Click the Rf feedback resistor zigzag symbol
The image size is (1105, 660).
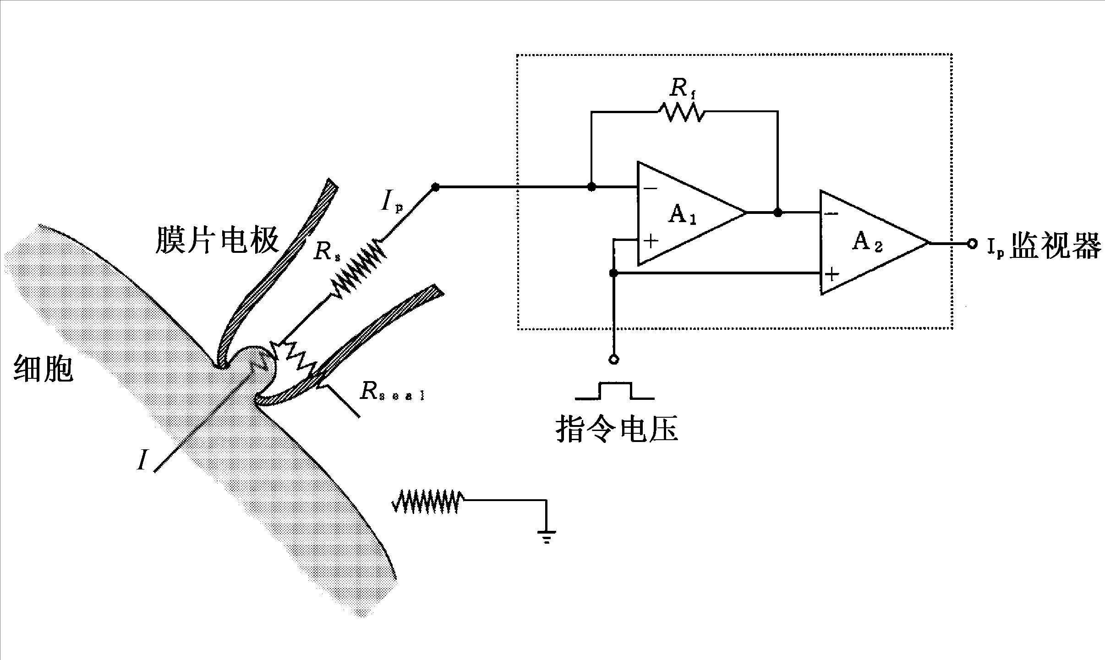coord(682,112)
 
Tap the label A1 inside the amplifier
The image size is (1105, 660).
coord(682,215)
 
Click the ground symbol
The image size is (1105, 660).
coord(546,536)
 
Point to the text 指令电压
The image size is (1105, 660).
coord(617,430)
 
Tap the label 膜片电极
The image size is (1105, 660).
coord(217,240)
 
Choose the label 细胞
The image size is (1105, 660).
coord(44,368)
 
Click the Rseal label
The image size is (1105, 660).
coord(392,392)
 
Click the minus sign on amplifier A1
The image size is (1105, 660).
coord(650,188)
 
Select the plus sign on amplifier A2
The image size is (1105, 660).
coord(831,274)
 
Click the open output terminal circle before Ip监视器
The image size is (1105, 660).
coord(972,244)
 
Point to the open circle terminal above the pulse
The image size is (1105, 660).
coord(614,360)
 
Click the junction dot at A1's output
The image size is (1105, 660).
coord(777,213)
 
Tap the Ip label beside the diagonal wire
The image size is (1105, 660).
coord(392,202)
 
